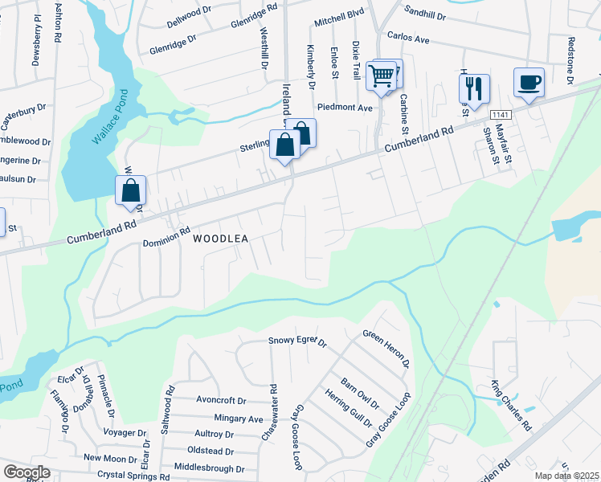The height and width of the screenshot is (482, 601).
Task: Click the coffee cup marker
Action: point(529,83)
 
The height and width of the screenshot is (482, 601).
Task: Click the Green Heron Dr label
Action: point(386,349)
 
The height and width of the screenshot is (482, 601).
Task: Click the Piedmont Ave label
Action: point(345,107)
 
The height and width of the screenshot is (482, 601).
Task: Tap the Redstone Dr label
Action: point(570,61)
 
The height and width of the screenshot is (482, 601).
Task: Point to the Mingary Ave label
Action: point(239,419)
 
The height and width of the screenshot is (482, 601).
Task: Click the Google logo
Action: point(27,472)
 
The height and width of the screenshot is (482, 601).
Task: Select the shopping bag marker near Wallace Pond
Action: point(131,193)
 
